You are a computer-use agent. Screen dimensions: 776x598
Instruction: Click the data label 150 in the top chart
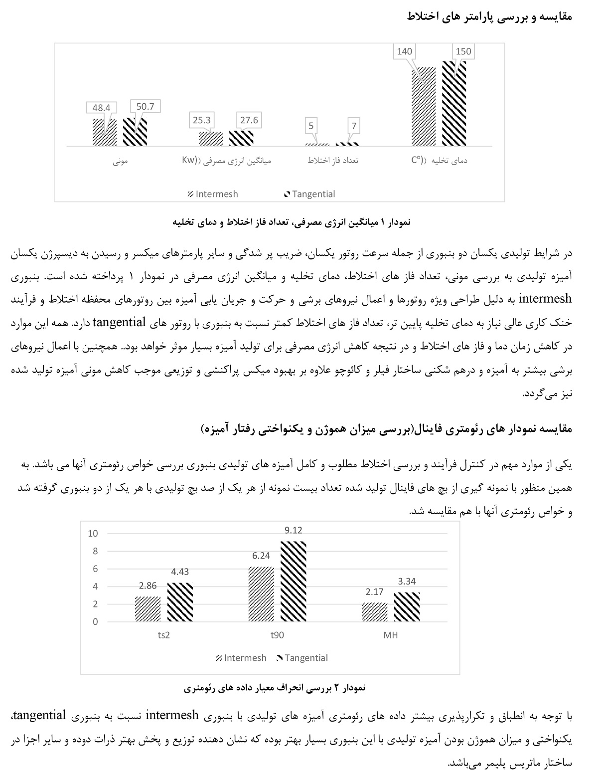point(462,51)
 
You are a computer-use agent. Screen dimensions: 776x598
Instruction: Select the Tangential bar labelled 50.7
point(135,132)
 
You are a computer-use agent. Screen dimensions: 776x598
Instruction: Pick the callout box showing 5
point(311,126)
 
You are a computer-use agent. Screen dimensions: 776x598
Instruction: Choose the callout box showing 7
point(354,126)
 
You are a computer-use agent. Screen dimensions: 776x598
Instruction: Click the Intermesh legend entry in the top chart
point(213,194)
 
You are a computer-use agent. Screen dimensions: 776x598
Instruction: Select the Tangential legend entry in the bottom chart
point(301,658)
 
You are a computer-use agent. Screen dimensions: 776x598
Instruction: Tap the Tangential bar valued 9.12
point(293,582)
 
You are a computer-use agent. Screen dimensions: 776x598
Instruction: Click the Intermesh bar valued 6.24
point(261,594)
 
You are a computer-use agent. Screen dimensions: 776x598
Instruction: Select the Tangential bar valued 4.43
point(180,602)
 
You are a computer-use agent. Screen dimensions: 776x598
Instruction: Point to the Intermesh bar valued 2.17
point(375,612)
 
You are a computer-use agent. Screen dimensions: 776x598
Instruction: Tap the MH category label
point(391,635)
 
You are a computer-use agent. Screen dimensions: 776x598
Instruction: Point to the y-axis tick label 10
point(93,534)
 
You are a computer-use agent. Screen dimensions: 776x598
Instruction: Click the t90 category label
point(277,635)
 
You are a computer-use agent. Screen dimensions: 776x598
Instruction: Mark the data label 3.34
point(407,581)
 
